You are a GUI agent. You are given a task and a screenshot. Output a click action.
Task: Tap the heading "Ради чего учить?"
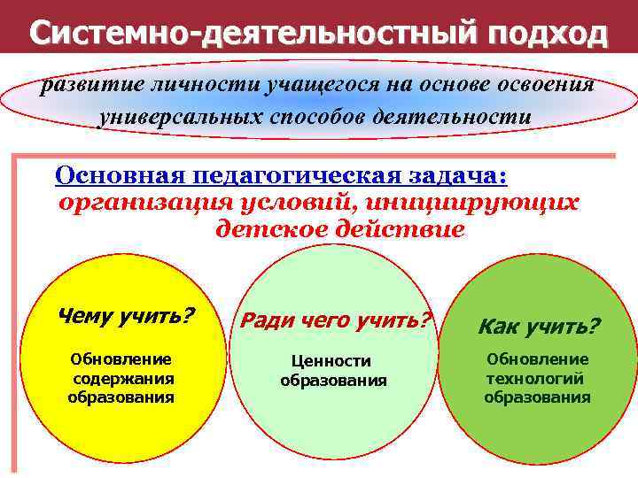pyautogui.click(x=336, y=320)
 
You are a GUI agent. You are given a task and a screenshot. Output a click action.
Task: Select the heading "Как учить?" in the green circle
pyautogui.click(x=539, y=327)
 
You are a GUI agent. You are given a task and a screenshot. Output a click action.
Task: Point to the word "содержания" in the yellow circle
pyautogui.click(x=122, y=378)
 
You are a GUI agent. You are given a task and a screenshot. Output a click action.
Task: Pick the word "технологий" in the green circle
pyautogui.click(x=535, y=378)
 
